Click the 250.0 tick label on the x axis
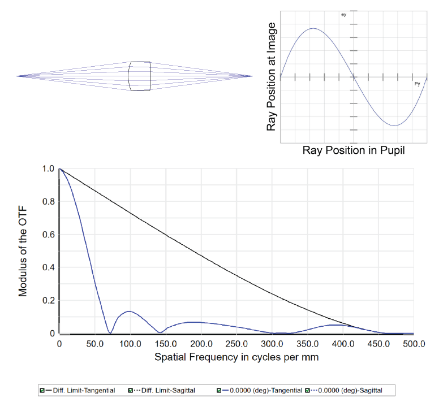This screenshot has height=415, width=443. [236, 344]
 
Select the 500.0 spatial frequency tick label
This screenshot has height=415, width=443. [414, 344]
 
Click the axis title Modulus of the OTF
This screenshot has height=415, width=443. [23, 251]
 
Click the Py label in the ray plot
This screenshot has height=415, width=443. [417, 84]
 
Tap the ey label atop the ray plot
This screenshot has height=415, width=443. [343, 14]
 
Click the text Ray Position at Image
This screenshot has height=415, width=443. [272, 77]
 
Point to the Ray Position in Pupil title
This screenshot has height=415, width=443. [354, 151]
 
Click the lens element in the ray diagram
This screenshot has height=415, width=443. [140, 76]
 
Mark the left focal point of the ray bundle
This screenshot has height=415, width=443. [16, 76]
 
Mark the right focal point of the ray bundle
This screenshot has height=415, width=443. [253, 76]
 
